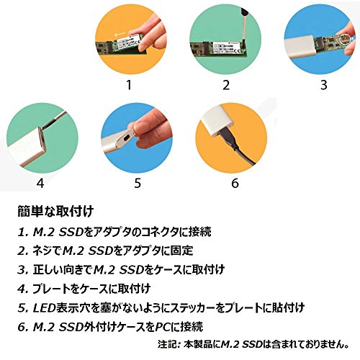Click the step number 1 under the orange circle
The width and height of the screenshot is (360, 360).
tap(130, 85)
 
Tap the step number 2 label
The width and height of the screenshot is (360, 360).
tap(226, 85)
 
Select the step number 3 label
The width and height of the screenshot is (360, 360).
tap(324, 85)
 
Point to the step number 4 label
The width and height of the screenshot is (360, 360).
tap(40, 184)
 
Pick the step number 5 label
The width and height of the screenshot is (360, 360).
tap(138, 184)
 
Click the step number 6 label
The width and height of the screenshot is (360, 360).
tap(235, 184)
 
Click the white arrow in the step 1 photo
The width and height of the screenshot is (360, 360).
tap(120, 35)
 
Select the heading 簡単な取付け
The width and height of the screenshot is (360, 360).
tap(55, 212)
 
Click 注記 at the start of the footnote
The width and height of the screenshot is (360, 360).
tap(168, 344)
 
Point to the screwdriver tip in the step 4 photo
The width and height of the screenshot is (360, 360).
tap(42, 128)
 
